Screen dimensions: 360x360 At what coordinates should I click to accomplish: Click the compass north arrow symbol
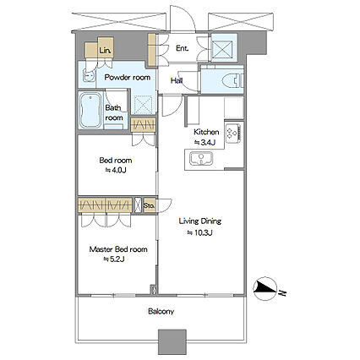(x=265, y=289)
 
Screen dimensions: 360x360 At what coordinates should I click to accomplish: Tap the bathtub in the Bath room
(x=90, y=110)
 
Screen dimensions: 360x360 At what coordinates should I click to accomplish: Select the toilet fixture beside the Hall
(x=233, y=81)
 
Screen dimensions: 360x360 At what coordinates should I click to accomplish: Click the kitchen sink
(x=201, y=159)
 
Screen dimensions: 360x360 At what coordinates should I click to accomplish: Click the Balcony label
(x=161, y=311)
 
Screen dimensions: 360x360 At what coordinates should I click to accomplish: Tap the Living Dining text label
(x=200, y=221)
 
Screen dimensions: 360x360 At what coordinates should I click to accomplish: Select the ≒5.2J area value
(x=114, y=259)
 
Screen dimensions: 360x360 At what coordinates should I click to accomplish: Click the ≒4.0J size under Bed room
(x=116, y=170)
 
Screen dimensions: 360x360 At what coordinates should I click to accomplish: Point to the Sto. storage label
(x=149, y=205)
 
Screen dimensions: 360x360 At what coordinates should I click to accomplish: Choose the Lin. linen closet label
(x=105, y=51)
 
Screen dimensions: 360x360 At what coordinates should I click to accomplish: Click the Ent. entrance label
(x=182, y=48)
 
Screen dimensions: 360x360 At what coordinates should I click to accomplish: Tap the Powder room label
(x=128, y=77)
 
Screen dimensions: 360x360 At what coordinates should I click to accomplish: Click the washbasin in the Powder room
(x=90, y=75)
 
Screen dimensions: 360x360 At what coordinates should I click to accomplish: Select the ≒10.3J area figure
(x=200, y=232)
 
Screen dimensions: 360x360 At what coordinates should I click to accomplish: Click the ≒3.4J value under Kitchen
(x=205, y=143)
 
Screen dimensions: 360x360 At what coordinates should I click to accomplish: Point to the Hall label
(x=177, y=81)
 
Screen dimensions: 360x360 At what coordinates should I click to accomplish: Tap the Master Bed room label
(x=118, y=249)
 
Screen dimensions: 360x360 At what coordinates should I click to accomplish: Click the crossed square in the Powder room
(x=144, y=105)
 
